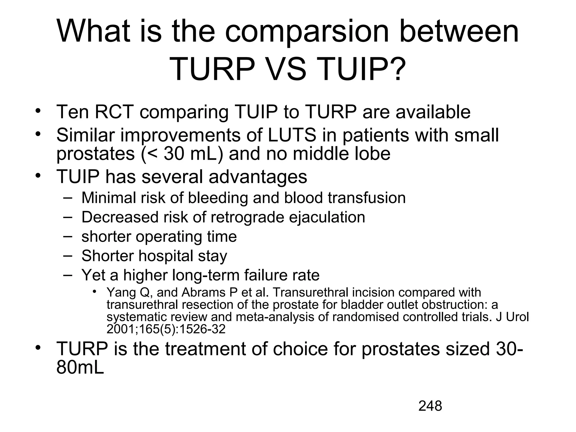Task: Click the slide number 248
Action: click(x=430, y=406)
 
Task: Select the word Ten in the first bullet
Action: click(x=73, y=112)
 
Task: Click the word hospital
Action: click(x=166, y=256)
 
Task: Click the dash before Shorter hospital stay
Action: click(x=67, y=255)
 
